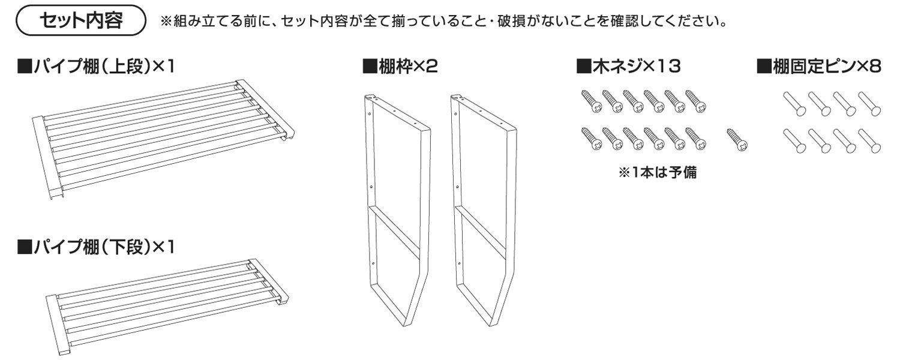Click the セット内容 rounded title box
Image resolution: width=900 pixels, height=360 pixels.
pyautogui.click(x=80, y=22)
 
